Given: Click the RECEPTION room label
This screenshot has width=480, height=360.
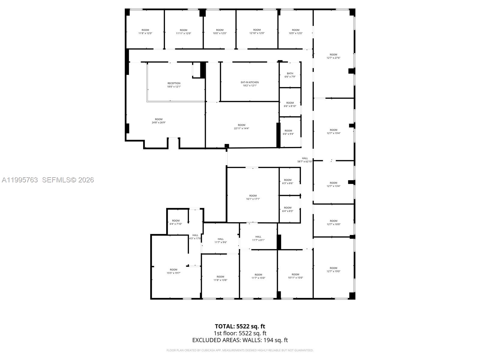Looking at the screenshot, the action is click(x=174, y=83).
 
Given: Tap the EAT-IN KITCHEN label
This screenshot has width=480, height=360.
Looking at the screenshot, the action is click(x=250, y=82).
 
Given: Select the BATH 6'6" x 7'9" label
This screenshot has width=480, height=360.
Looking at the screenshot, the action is click(x=290, y=75).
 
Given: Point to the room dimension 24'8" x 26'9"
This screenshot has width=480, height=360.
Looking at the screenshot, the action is click(x=158, y=123).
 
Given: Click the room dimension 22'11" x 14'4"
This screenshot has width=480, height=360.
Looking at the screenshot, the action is click(x=241, y=128).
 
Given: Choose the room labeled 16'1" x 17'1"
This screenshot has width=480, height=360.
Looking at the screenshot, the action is click(x=253, y=199).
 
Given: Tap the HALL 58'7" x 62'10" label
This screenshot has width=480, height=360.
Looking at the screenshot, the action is click(x=305, y=160).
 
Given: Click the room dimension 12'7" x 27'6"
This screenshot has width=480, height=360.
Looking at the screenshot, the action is click(x=333, y=58).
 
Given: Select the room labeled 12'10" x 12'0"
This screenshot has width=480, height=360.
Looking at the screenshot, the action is click(x=257, y=33).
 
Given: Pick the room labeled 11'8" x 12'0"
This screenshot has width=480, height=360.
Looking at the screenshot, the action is click(x=145, y=33).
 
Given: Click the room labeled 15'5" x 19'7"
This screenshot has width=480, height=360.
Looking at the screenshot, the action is click(x=173, y=273).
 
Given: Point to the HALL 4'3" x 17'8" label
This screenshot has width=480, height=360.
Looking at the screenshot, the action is click(x=195, y=237).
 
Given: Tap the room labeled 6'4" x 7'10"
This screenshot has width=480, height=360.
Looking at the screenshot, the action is click(x=175, y=224).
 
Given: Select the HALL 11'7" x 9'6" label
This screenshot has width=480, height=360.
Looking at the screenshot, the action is click(x=220, y=241).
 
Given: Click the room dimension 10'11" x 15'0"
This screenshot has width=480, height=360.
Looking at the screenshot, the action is click(x=295, y=278).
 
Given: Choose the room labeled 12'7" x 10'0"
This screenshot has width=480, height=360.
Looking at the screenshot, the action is click(x=333, y=224).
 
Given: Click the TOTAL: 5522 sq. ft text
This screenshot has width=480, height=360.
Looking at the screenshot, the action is click(x=240, y=327).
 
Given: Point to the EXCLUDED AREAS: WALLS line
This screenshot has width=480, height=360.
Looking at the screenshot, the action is click(x=240, y=340).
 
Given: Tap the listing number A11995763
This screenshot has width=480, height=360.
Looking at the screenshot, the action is click(x=20, y=180).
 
